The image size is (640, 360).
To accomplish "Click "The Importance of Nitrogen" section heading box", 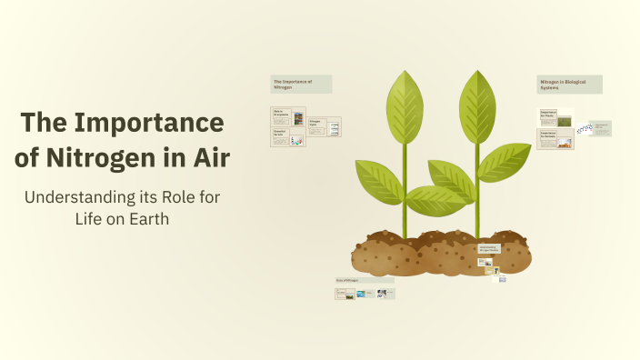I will point(301,84).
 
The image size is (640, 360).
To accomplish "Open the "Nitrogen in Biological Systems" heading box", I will point(568,84).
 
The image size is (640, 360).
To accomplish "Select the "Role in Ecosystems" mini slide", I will point(287,116).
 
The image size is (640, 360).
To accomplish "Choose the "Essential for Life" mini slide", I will point(286,137).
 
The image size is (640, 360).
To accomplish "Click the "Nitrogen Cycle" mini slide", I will point(324,126).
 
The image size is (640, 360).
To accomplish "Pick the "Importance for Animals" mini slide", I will point(555,138).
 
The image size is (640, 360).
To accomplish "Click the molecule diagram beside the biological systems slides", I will point(585,128).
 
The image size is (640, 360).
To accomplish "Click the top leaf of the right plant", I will point(476,105).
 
